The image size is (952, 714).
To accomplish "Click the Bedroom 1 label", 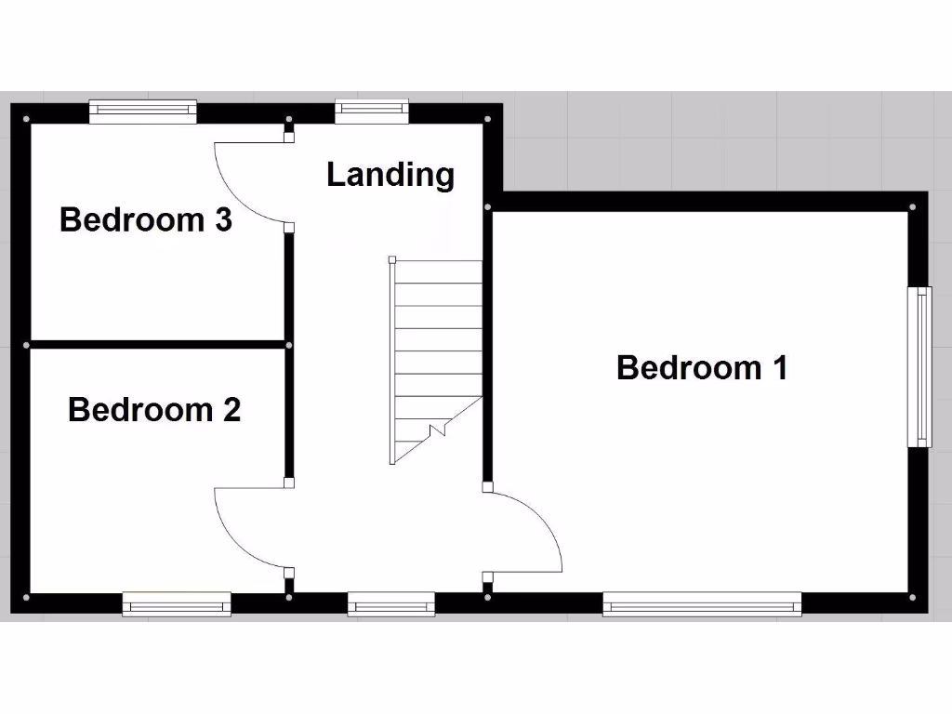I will pyautogui.click(x=702, y=367).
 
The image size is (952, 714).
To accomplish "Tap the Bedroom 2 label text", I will pyautogui.click(x=154, y=409).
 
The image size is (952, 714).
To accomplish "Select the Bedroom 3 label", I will pyautogui.click(x=145, y=220).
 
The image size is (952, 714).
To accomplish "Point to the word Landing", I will pyautogui.click(x=390, y=174).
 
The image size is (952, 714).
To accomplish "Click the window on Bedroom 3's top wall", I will pyautogui.click(x=143, y=112).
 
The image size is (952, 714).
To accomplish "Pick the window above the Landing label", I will pyautogui.click(x=372, y=112).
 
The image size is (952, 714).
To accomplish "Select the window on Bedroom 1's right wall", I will pyautogui.click(x=920, y=366).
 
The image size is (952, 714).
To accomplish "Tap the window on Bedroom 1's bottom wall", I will pyautogui.click(x=702, y=605).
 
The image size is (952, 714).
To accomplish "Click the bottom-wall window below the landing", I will pyautogui.click(x=391, y=605).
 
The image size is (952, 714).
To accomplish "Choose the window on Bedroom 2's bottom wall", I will pyautogui.click(x=177, y=605).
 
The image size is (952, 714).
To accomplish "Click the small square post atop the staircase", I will pyautogui.click(x=392, y=259).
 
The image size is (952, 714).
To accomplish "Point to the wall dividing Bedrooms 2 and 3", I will pyautogui.click(x=158, y=345).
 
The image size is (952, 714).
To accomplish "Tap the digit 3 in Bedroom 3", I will pyautogui.click(x=222, y=220).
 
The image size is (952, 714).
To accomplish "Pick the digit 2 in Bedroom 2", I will pyautogui.click(x=231, y=409).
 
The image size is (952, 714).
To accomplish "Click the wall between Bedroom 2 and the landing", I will pyautogui.click(x=289, y=414).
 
